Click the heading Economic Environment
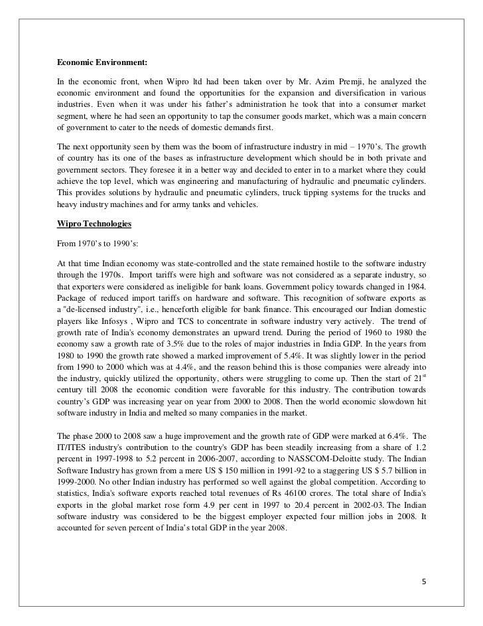point(102,63)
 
